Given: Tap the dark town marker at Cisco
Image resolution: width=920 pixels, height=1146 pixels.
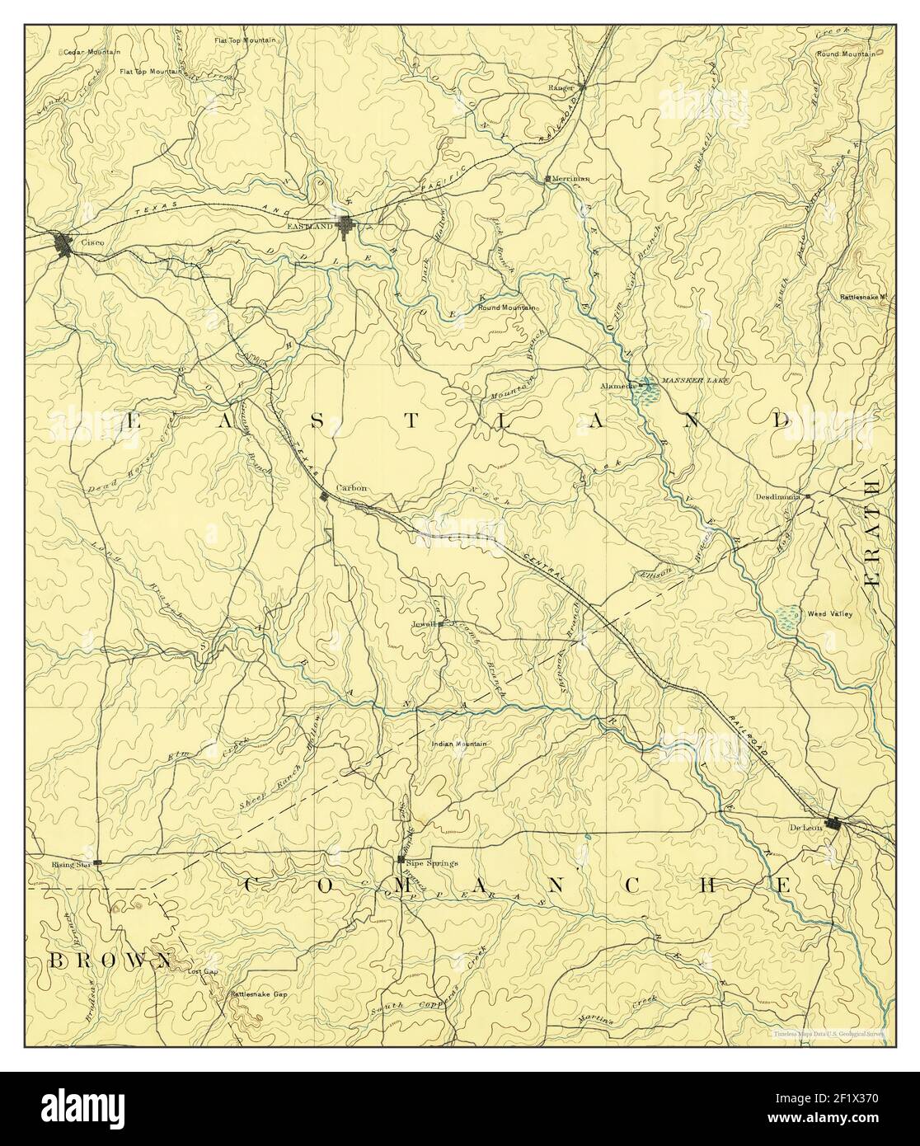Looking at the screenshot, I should pyautogui.click(x=63, y=244).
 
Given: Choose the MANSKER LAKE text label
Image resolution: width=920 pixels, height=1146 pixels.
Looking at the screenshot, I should pyautogui.click(x=690, y=383).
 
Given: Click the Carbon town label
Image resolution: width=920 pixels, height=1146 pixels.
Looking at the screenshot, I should pyautogui.click(x=351, y=489).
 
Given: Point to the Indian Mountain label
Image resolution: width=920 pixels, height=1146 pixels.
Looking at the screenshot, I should pyautogui.click(x=459, y=744).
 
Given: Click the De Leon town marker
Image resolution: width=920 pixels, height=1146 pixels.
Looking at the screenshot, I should pyautogui.click(x=836, y=823).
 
